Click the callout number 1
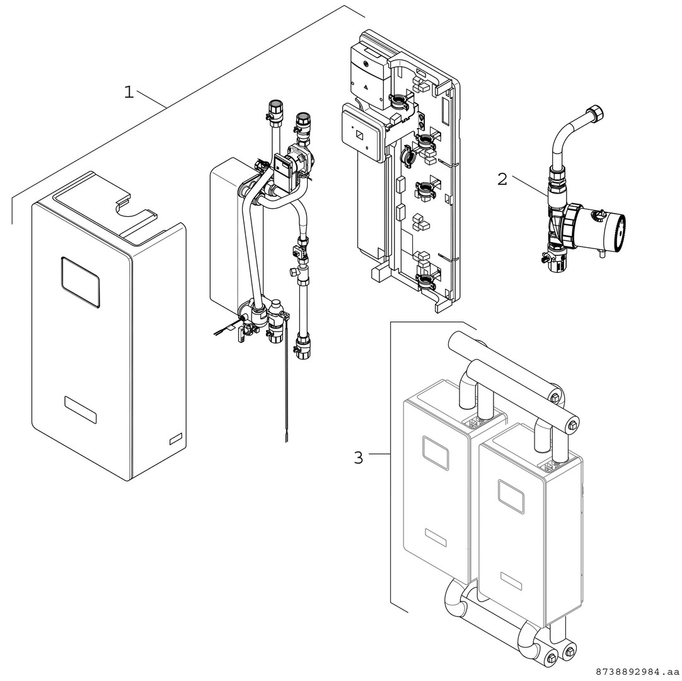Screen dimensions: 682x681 click(129, 92)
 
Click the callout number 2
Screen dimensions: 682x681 click(502, 179)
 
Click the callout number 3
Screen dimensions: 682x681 click(358, 458)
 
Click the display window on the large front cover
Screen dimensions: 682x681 click(81, 282)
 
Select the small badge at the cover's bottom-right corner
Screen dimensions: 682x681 click(176, 439)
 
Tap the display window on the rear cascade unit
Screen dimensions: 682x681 click(435, 453)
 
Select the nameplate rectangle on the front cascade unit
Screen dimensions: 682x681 click(511, 581)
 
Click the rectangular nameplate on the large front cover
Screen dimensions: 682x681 click(81, 410)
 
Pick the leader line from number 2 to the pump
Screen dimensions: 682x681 click(529, 186)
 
